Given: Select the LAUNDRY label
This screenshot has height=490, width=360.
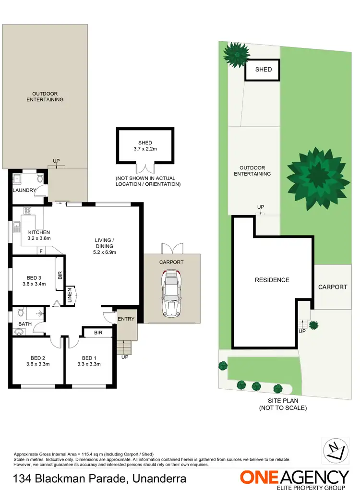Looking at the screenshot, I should [x=24, y=191].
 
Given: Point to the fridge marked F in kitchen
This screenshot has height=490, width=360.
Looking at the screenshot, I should [x=41, y=251].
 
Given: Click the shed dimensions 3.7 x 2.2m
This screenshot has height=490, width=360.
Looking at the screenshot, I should [x=145, y=149].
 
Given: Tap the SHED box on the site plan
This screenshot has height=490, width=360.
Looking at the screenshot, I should [x=263, y=70].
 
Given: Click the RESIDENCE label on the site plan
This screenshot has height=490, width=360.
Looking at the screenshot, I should [x=272, y=280].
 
